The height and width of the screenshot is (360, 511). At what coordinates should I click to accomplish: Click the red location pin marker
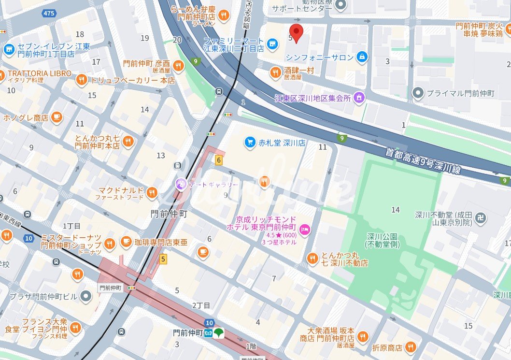[x=297, y=32]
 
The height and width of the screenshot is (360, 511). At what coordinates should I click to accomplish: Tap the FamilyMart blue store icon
[x=272, y=44]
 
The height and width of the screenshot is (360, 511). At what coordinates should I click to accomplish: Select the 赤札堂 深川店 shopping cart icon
[x=250, y=142]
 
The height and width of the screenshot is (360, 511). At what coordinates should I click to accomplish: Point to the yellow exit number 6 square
[x=219, y=160]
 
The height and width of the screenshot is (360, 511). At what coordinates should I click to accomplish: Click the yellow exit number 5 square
[x=163, y=259]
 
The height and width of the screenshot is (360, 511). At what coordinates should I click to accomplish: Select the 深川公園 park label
[x=382, y=240]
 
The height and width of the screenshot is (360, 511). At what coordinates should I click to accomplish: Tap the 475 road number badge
[x=49, y=13]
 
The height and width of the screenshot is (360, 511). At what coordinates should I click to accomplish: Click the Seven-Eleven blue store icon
[x=9, y=50]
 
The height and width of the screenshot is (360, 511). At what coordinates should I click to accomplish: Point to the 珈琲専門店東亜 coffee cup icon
[x=126, y=242]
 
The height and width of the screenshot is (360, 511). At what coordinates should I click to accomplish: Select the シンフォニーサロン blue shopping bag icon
[x=361, y=58]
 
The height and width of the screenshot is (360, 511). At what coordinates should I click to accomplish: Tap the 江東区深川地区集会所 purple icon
[x=358, y=98]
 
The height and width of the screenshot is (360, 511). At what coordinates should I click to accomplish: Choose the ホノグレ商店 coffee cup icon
[x=57, y=117]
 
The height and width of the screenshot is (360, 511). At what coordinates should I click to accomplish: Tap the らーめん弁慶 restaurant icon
[x=223, y=15]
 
